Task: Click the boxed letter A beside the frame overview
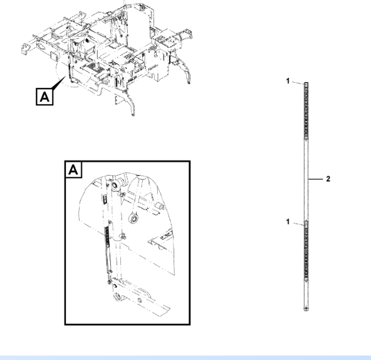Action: point(44,97)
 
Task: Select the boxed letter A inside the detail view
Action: point(73,169)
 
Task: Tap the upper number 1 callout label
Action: point(288,81)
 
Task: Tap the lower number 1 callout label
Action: point(288,221)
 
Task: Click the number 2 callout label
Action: point(328,179)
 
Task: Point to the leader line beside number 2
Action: point(316,179)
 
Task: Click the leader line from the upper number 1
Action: point(298,82)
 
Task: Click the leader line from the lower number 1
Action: point(298,224)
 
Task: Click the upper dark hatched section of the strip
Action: point(306,109)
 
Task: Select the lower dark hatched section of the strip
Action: point(306,251)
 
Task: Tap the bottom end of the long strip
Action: point(306,310)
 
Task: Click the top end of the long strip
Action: point(306,83)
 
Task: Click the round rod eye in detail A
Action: point(133,218)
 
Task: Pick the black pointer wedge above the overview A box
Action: point(59,83)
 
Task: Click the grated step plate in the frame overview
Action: point(94,68)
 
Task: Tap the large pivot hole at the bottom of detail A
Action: point(118,296)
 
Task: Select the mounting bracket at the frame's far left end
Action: point(25,48)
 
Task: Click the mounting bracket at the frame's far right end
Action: point(189,34)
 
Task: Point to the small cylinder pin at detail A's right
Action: point(160,206)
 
